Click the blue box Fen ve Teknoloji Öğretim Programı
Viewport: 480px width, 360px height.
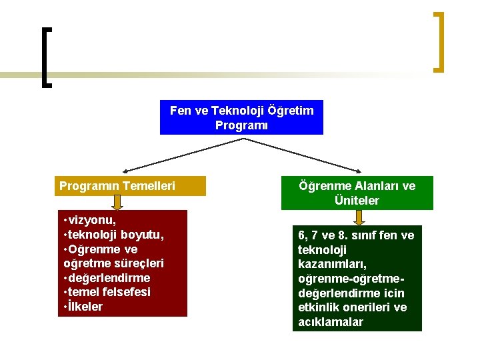(x=241, y=117)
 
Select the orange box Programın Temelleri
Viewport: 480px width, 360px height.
(x=129, y=186)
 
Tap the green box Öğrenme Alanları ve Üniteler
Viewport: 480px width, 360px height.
(x=357, y=193)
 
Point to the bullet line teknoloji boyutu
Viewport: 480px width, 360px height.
(x=115, y=235)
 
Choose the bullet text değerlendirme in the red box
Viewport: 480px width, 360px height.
(x=109, y=277)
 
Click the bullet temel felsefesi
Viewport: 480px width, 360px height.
(x=109, y=292)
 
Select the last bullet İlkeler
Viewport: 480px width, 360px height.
(x=85, y=307)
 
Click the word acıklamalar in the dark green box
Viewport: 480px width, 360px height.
(x=331, y=322)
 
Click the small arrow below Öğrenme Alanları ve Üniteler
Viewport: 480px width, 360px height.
(x=359, y=218)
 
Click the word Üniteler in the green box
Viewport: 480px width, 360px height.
(x=357, y=200)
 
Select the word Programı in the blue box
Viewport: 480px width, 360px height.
(x=241, y=125)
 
